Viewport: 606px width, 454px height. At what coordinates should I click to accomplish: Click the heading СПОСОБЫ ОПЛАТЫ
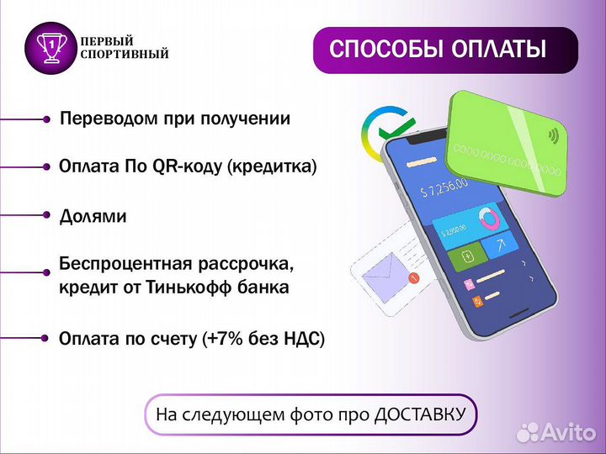click(x=437, y=49)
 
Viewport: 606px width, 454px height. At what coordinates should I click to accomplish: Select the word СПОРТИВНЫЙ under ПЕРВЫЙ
click(x=124, y=55)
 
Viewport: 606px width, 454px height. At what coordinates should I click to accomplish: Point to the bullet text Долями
click(x=93, y=216)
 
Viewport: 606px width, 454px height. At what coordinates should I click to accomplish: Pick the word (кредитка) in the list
click(x=272, y=166)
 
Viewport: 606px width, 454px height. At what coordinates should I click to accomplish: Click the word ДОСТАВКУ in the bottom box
click(x=419, y=414)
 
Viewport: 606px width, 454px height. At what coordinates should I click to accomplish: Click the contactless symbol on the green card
click(x=553, y=135)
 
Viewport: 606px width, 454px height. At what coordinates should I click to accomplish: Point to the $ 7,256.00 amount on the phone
click(x=444, y=184)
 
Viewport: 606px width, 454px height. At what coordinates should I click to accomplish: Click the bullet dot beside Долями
click(x=46, y=216)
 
